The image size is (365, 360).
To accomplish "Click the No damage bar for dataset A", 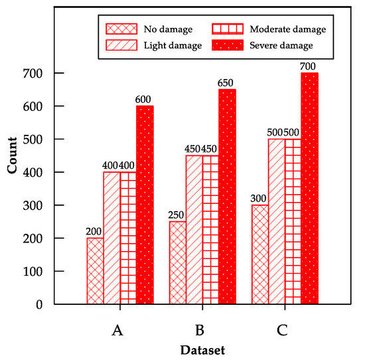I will click(x=95, y=271).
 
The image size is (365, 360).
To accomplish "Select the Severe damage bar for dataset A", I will click(x=145, y=205).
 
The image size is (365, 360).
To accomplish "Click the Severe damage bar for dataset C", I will click(x=309, y=189).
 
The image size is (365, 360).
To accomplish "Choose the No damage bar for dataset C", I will click(x=259, y=254).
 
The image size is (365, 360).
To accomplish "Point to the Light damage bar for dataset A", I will click(x=111, y=238).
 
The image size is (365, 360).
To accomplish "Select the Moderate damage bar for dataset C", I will click(x=293, y=221).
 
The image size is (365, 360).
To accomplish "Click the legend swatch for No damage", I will click(x=121, y=29).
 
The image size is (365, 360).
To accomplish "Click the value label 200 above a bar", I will click(x=95, y=231).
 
